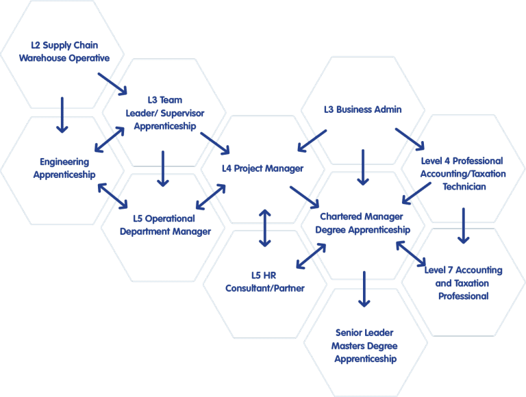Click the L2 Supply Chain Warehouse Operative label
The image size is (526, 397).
click(64, 51)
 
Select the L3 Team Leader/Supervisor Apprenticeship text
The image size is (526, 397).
click(164, 113)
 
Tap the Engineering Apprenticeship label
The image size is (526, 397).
click(64, 168)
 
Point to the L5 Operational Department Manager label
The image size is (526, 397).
click(165, 225)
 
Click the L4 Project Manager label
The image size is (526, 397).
click(263, 168)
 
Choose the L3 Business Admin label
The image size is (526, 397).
click(362, 110)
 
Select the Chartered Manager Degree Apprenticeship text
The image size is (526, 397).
click(362, 223)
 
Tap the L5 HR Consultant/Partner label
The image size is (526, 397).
click(264, 281)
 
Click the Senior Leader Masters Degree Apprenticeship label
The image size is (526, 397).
click(364, 346)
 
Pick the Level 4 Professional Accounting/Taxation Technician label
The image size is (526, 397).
click(463, 174)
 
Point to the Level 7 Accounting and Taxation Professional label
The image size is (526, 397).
click(463, 283)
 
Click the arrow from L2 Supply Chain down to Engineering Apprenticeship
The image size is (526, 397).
click(62, 115)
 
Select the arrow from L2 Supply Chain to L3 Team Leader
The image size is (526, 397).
click(112, 84)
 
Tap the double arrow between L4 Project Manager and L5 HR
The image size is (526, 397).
click(265, 228)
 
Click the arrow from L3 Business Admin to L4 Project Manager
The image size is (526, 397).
click(312, 141)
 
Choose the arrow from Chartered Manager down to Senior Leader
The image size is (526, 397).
click(364, 289)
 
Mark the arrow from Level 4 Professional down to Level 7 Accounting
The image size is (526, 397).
click(463, 226)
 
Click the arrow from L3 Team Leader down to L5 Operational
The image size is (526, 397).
click(163, 168)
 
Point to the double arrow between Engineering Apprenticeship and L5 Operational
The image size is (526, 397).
click(113, 196)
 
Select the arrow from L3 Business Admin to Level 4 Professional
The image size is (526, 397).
click(410, 139)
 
